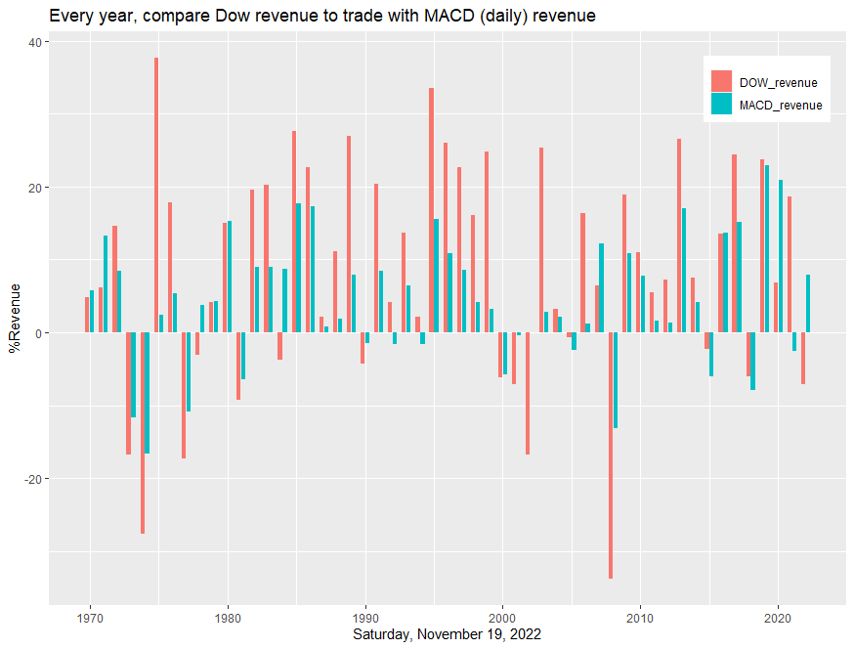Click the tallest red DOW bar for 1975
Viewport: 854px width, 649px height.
(x=156, y=195)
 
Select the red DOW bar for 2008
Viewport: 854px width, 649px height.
(x=611, y=455)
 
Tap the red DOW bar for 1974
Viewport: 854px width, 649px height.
(x=143, y=433)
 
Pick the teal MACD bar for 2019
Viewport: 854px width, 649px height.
(x=767, y=249)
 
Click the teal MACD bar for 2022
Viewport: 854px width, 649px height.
(x=808, y=304)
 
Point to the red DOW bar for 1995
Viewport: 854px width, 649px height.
(x=431, y=210)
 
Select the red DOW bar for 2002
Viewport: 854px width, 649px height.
(x=528, y=394)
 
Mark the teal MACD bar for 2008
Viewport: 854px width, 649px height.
(x=616, y=380)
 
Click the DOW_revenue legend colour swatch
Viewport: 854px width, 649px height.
(x=721, y=81)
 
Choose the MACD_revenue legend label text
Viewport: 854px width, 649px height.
(x=781, y=106)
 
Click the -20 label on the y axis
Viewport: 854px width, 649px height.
(x=32, y=479)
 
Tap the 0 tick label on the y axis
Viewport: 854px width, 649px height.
(x=38, y=333)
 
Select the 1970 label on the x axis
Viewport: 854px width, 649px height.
(x=90, y=619)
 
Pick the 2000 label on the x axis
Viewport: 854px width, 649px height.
(x=502, y=619)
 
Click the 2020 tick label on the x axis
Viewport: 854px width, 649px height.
(x=778, y=619)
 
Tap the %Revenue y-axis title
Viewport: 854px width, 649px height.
(x=15, y=319)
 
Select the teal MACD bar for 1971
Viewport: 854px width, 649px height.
(x=106, y=283)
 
